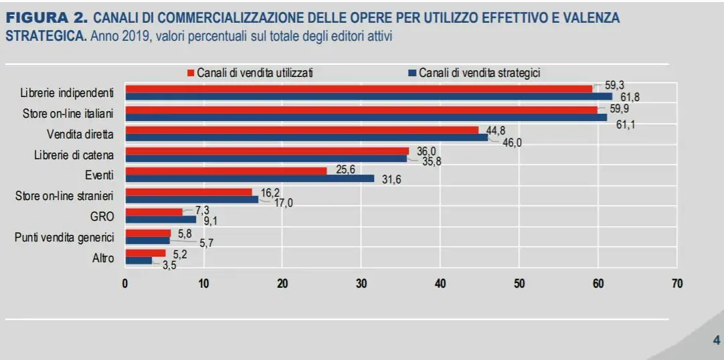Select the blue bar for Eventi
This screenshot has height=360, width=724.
250,179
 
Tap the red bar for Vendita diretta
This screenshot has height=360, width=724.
302,130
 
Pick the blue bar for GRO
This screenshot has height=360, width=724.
161,219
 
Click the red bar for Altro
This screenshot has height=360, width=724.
146,253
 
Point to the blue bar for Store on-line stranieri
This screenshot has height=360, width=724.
193,199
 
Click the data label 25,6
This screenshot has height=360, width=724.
345,170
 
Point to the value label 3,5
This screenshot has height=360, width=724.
170,265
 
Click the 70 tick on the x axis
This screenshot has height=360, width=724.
677,284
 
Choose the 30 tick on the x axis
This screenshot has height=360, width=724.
361,284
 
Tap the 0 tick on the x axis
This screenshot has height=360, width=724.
125,284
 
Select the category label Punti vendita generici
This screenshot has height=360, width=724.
64,238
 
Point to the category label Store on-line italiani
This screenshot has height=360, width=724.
68,113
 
